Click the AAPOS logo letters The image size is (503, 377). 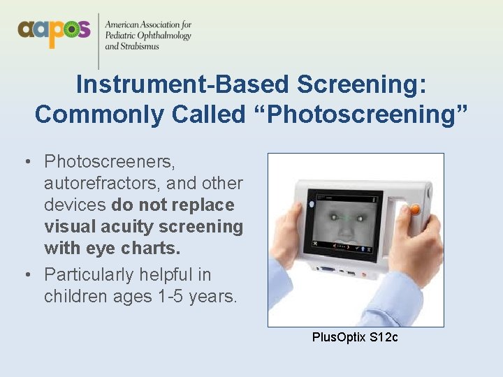54,31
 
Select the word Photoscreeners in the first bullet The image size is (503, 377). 109,162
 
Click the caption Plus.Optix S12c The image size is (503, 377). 355,338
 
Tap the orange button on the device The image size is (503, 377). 414,209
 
